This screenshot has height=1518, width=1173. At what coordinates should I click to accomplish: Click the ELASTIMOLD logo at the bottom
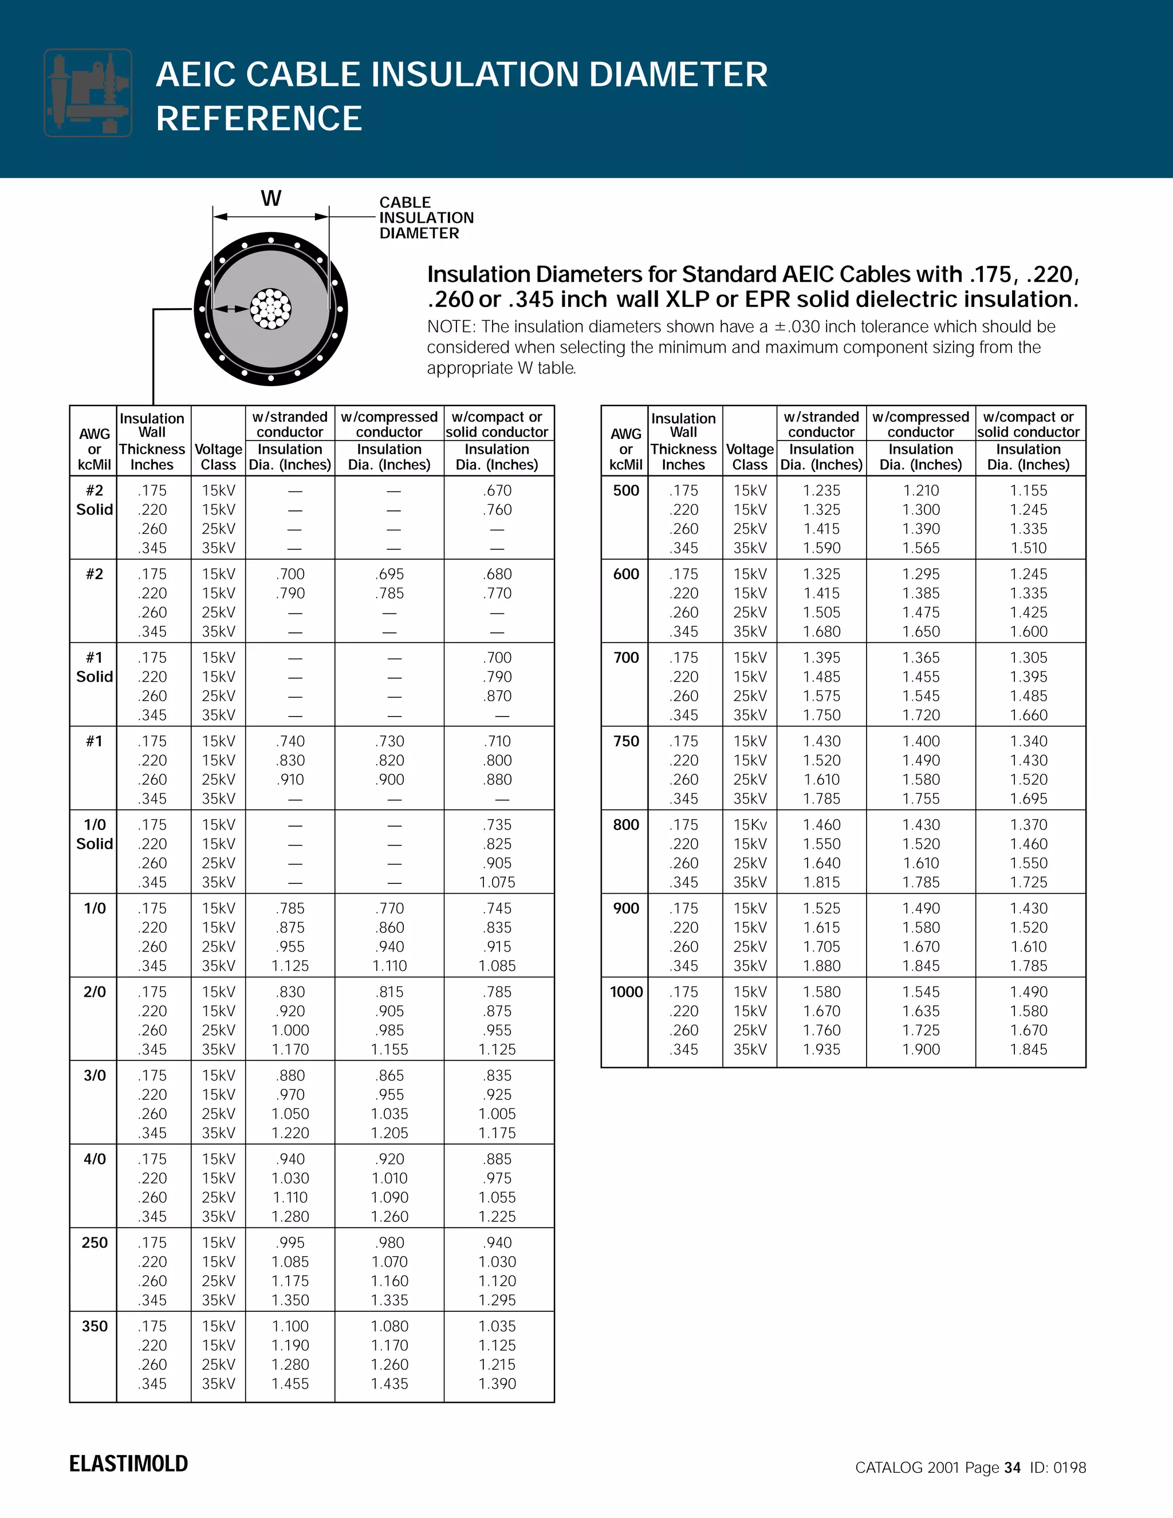[128, 1463]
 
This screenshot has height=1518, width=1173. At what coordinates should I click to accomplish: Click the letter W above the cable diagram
[271, 199]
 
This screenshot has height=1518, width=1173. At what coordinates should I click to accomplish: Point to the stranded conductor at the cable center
[271, 309]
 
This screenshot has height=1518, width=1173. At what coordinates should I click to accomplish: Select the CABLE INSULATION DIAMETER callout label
[426, 218]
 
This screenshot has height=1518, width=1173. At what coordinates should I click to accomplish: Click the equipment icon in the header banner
[88, 92]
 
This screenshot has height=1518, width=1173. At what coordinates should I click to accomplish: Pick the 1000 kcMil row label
[626, 992]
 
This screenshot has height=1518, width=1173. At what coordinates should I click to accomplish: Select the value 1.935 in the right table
[821, 1049]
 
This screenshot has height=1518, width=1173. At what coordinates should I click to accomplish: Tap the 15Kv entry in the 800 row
[750, 825]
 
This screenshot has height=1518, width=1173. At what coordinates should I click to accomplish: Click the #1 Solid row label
[95, 667]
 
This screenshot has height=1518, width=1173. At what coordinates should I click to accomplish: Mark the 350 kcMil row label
[95, 1326]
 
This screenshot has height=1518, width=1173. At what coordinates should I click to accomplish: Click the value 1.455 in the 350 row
[290, 1384]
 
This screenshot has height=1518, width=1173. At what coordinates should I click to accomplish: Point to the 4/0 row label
[95, 1159]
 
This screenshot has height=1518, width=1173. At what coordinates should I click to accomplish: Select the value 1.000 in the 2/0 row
[290, 1030]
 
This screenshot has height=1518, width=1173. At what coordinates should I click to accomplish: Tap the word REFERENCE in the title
[259, 118]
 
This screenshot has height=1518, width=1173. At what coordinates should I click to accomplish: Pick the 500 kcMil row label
[626, 491]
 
